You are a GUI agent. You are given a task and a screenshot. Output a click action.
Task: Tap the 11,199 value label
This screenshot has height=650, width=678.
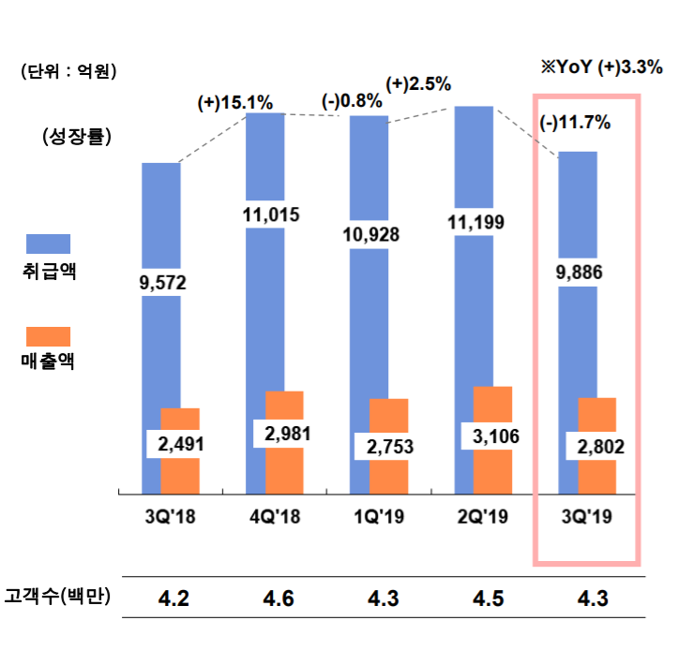pyautogui.click(x=474, y=223)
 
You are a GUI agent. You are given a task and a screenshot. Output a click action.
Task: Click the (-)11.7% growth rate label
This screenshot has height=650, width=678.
pyautogui.click(x=576, y=122)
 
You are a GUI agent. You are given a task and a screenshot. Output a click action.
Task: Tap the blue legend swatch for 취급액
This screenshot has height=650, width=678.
pyautogui.click(x=49, y=244)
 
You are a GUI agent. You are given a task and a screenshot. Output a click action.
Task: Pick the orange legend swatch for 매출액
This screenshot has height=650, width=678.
pyautogui.click(x=49, y=335)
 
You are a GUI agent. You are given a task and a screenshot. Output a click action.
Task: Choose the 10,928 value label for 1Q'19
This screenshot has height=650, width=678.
pyautogui.click(x=371, y=234)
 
